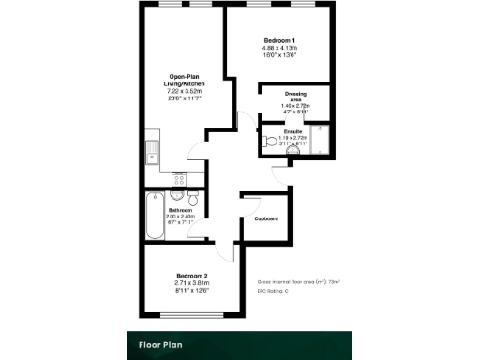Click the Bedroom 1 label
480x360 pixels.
point(280,40)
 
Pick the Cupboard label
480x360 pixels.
point(265,218)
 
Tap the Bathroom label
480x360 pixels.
point(182,209)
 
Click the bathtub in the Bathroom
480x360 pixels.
point(154,214)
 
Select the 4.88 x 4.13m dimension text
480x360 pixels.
point(280,48)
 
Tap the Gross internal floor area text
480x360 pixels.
point(298,281)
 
